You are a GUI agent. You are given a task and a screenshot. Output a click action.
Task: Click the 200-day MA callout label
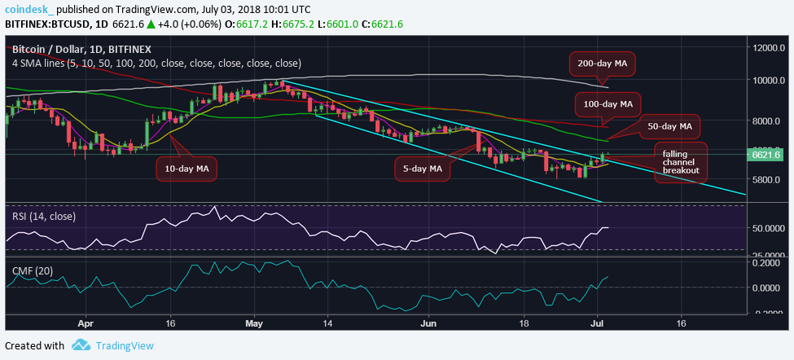(x=602, y=62)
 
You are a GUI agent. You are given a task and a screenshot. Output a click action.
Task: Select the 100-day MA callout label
(x=608, y=104)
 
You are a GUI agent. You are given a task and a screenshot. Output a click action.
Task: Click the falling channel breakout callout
(x=680, y=162)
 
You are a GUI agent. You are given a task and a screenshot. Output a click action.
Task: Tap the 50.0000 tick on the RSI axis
(x=770, y=229)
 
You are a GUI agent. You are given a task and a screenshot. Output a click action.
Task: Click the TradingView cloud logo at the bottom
(x=80, y=345)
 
